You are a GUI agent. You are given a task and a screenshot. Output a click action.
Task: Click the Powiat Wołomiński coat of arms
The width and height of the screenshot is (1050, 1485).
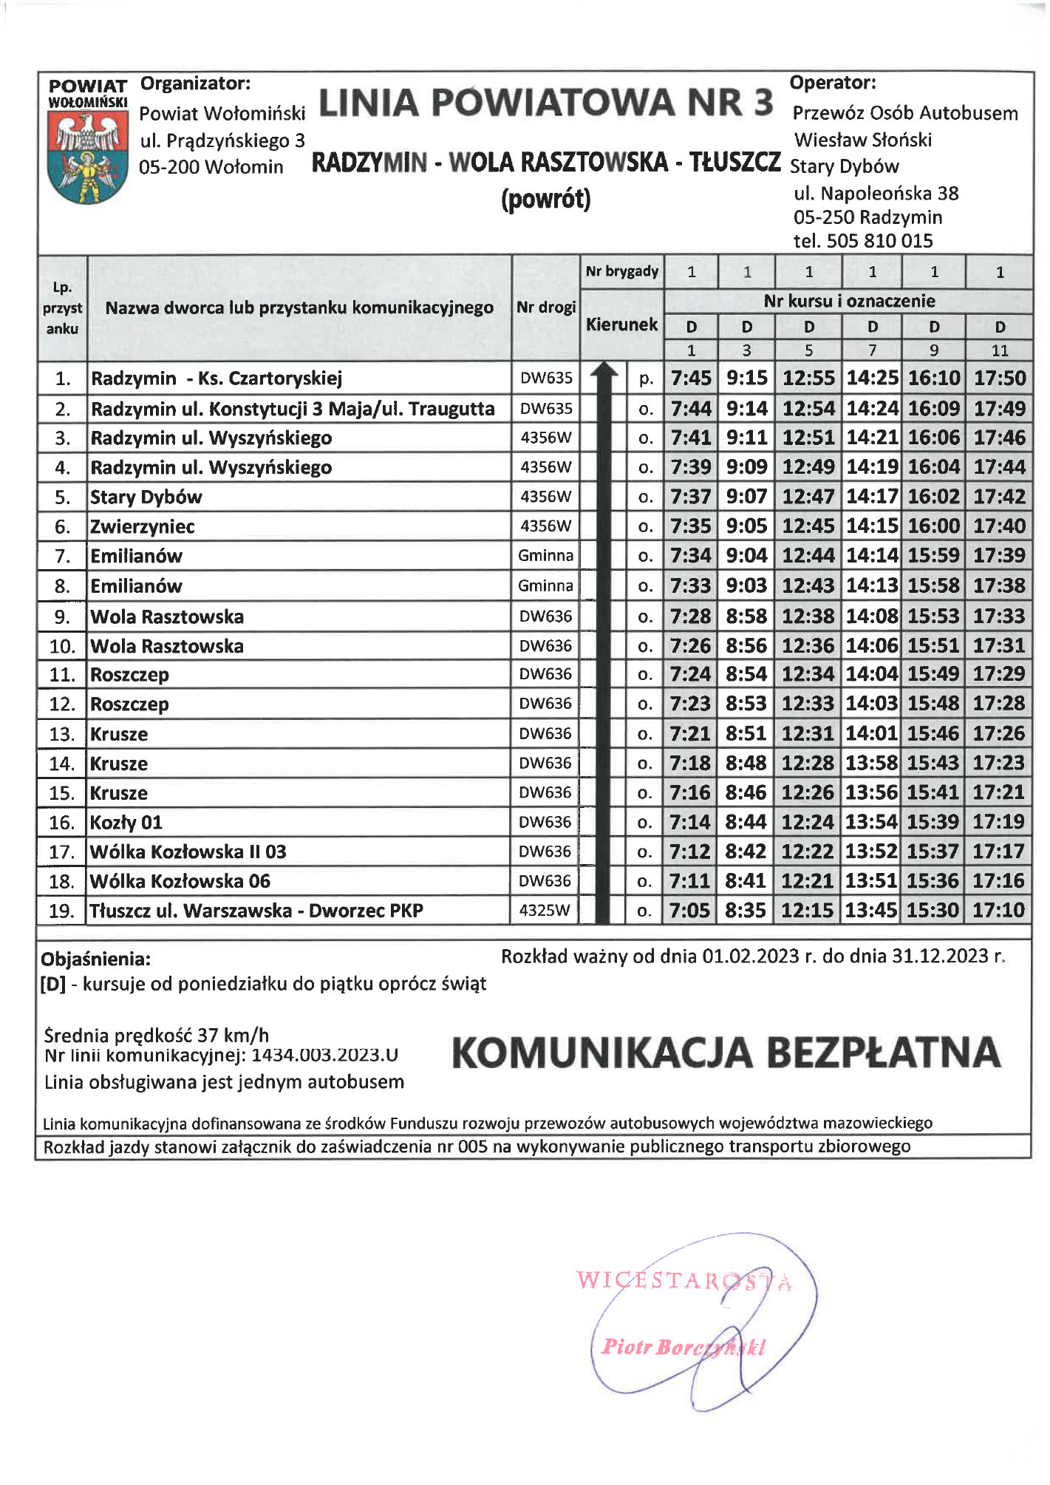coord(87,158)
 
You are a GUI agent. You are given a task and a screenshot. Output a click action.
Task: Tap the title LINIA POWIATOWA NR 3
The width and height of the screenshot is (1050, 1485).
coord(545,103)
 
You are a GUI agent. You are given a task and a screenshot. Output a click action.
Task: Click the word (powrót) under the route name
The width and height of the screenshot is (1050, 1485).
coord(545,200)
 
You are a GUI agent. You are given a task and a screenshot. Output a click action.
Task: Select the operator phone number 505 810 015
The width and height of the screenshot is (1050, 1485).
coord(879,241)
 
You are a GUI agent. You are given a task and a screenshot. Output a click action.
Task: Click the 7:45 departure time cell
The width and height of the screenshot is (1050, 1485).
coord(691,378)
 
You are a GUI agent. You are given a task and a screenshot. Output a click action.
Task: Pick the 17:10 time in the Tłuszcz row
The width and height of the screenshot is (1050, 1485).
coord(998,910)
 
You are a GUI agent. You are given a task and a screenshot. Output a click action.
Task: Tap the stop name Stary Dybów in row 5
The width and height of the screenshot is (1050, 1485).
coord(146,497)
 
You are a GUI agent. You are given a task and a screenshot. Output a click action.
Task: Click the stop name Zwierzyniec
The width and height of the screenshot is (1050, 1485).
coord(143,526)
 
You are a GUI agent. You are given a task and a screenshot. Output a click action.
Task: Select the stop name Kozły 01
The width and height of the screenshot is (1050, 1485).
coord(126,822)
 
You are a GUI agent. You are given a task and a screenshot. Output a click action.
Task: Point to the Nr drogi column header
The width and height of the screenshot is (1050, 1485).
coord(546,307)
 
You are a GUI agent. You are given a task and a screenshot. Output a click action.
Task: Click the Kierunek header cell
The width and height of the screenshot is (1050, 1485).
coord(621,324)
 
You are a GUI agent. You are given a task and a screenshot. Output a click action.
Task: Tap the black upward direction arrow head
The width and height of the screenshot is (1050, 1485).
coord(604,370)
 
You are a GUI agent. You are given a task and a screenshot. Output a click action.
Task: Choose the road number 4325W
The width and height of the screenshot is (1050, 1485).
coord(545,910)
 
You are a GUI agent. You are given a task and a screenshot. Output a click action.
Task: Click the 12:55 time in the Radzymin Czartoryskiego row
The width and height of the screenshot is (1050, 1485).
coord(808,378)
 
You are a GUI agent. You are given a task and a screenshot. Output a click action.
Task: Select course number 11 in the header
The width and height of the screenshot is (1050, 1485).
coord(999,350)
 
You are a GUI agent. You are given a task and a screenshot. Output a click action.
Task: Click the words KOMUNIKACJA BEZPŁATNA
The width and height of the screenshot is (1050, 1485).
coord(726,1053)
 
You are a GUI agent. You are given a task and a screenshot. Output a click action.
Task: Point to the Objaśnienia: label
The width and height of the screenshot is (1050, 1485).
coord(96,959)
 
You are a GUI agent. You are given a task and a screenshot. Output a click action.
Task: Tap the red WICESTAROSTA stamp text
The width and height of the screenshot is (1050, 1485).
coord(683,1280)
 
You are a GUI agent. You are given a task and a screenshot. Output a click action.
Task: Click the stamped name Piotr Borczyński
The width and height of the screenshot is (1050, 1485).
coord(683,1347)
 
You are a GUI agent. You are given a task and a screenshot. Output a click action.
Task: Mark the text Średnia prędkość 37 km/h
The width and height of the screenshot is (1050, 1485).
coord(156,1035)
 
